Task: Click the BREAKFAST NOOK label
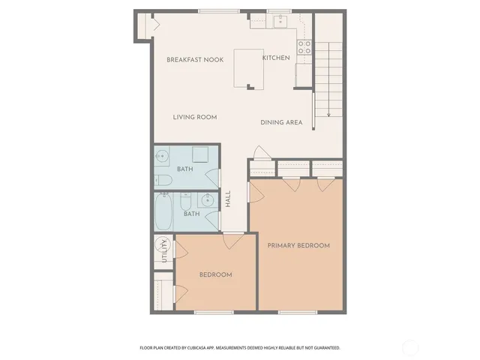point(195,59)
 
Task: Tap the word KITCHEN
point(275,58)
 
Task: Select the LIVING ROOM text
point(195,117)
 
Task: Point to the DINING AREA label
point(281,122)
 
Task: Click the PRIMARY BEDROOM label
point(298,245)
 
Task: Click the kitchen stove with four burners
point(304,48)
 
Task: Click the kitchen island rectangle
point(250,69)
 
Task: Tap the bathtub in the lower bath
point(163,213)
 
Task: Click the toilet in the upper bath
point(163,179)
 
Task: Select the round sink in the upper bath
point(163,157)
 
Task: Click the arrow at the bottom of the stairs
point(329,114)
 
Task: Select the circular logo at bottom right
point(410,347)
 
